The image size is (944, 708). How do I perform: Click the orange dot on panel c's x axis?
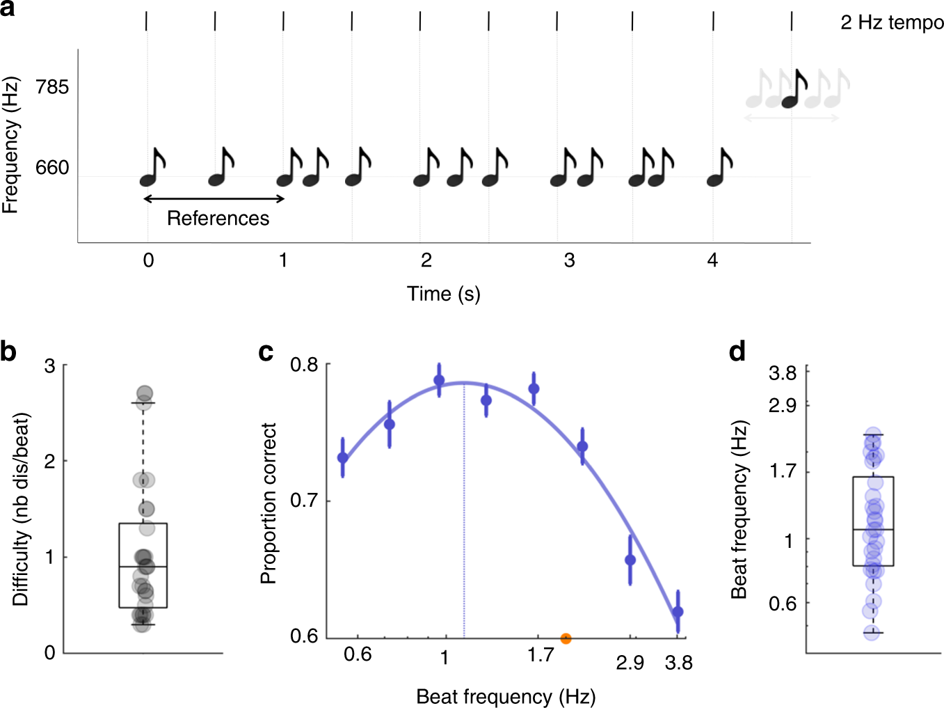click(566, 638)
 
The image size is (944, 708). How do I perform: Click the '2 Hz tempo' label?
click(892, 23)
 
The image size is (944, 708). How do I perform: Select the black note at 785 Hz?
click(795, 91)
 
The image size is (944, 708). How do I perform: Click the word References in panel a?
click(218, 219)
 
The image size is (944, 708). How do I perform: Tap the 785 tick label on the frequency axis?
click(52, 87)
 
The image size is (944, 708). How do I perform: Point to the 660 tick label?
click(52, 168)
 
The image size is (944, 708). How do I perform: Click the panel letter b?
click(8, 352)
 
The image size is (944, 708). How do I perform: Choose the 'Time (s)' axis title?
click(443, 294)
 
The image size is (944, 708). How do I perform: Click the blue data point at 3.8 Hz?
click(678, 612)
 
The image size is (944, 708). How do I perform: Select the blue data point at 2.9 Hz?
click(630, 560)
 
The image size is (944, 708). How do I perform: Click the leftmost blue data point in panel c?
click(342, 458)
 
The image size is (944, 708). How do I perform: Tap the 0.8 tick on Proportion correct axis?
click(304, 365)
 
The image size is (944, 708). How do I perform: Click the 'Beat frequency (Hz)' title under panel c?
click(506, 696)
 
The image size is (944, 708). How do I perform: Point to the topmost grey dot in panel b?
click(145, 393)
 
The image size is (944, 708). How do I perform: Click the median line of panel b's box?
click(143, 567)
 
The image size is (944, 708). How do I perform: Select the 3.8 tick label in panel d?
click(783, 373)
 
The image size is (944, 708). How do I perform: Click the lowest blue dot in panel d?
click(872, 633)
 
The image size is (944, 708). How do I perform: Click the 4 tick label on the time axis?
click(712, 260)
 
